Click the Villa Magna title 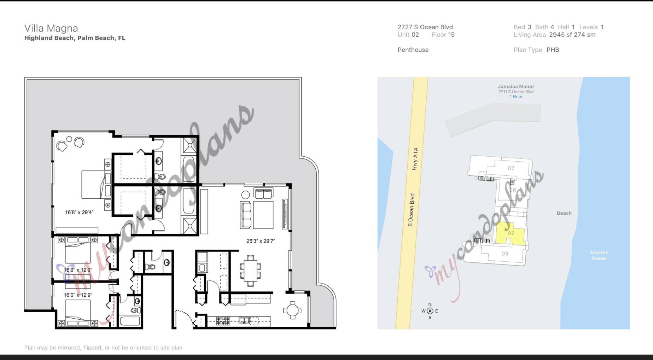pyautogui.click(x=51, y=28)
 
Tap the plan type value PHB pyautogui.click(x=553, y=50)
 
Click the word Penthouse pyautogui.click(x=413, y=50)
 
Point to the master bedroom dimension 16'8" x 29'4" pyautogui.click(x=79, y=212)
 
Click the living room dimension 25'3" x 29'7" pyautogui.click(x=261, y=241)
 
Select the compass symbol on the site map pyautogui.click(x=430, y=311)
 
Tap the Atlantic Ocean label pyautogui.click(x=599, y=255)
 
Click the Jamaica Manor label pyautogui.click(x=516, y=87)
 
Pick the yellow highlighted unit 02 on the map pyautogui.click(x=511, y=233)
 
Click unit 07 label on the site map pyautogui.click(x=511, y=168)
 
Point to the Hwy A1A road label pyautogui.click(x=415, y=159)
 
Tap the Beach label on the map pyautogui.click(x=564, y=213)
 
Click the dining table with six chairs pyautogui.click(x=251, y=271)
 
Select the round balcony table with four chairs pyautogui.click(x=292, y=310)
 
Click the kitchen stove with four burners pyautogui.click(x=223, y=321)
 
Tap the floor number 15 pyautogui.click(x=451, y=35)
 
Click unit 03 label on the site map pyautogui.click(x=505, y=254)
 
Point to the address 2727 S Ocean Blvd pyautogui.click(x=425, y=27)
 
